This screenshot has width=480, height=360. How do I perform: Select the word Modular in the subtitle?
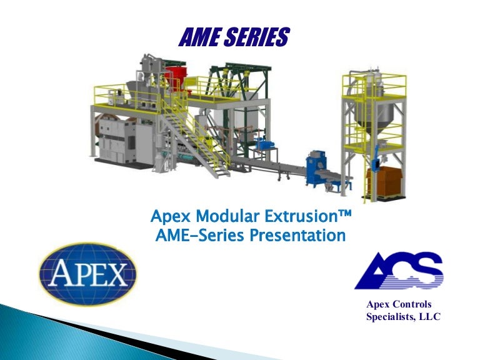pos(222,217)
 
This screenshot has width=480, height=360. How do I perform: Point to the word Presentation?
pos(297,236)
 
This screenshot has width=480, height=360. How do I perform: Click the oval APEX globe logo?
pos(87,274)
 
